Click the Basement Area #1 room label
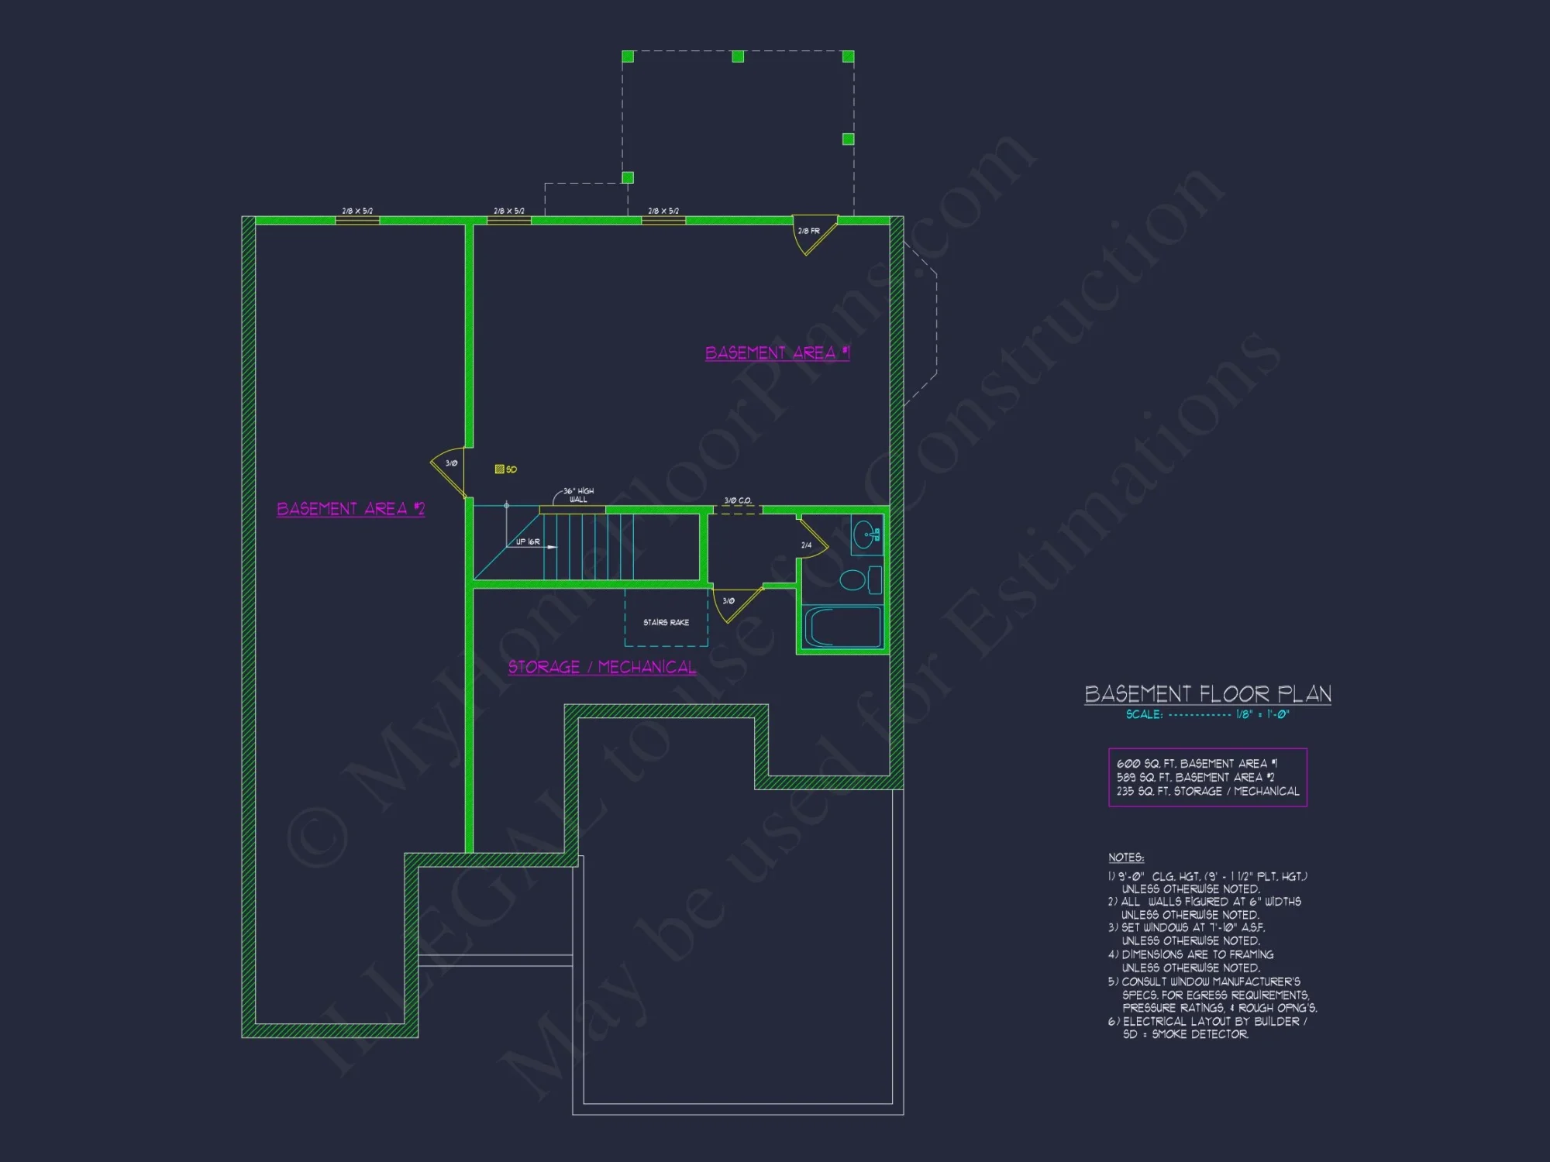(777, 353)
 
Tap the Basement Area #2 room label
(350, 509)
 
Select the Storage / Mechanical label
(601, 668)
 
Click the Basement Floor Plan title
(1207, 694)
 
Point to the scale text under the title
(1207, 714)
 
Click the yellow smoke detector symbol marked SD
(500, 469)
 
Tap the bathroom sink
(865, 535)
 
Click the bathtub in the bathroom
(843, 626)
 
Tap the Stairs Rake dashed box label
(666, 623)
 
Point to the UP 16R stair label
(528, 542)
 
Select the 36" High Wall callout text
(578, 495)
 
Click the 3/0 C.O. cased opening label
(737, 500)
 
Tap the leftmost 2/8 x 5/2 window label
(357, 211)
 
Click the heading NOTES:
(1126, 858)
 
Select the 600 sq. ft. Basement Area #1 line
(1197, 764)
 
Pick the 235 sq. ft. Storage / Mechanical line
(1207, 791)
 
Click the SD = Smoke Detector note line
(1185, 1034)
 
